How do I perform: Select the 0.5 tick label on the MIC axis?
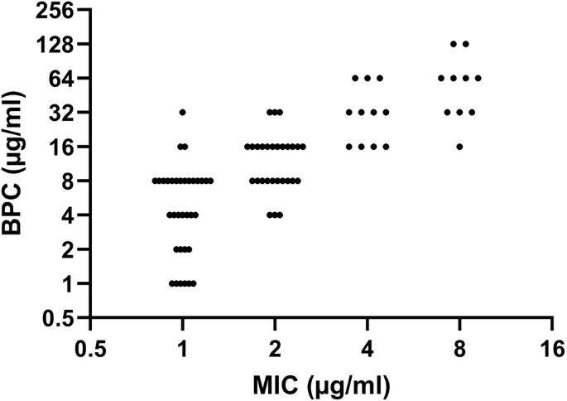tap(90, 347)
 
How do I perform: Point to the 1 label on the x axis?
tap(182, 347)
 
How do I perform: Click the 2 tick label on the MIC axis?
tap(275, 347)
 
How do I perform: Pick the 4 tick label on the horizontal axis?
tap(367, 347)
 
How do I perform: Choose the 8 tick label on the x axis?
tap(459, 347)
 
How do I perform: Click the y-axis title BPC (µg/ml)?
tap(18, 164)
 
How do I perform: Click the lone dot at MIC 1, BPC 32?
tap(182, 112)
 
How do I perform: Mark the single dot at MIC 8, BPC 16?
tap(459, 147)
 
